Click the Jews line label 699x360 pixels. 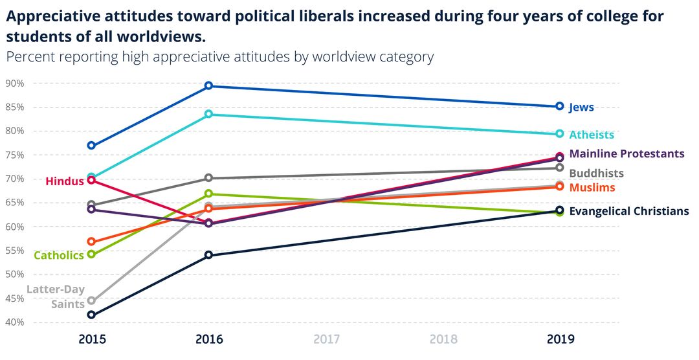pos(581,107)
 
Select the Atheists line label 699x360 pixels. pos(591,135)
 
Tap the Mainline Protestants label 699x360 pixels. pos(626,153)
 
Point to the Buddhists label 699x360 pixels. pos(596,173)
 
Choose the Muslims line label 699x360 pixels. pos(592,187)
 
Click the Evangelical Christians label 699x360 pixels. pos(628,211)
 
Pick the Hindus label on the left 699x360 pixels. pos(65,181)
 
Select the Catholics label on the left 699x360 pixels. pos(58,255)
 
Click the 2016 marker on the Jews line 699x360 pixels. pos(209,86)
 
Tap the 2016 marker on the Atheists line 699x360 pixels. pos(209,115)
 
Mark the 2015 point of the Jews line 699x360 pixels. pos(91,146)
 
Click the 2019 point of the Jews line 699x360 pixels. pos(560,106)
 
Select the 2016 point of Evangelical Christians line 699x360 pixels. pos(209,255)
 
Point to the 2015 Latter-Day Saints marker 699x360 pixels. pos(91,300)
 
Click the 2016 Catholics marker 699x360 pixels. pos(209,194)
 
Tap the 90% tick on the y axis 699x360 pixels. pos(15,84)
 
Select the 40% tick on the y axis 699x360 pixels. pos(15,322)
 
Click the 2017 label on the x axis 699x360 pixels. pos(326,339)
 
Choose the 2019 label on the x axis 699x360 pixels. pos(560,339)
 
